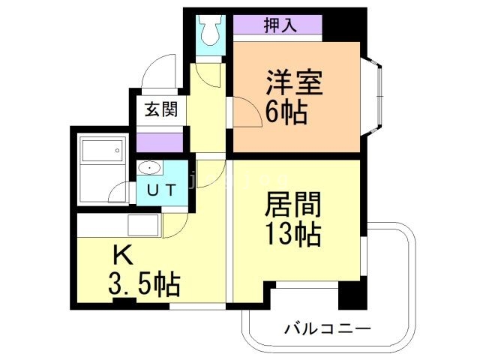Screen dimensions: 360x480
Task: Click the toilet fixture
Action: click(208, 31)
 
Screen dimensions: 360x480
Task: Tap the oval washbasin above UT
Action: click(149, 168)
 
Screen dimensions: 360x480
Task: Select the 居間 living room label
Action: click(294, 204)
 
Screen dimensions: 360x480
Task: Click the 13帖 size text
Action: click(292, 235)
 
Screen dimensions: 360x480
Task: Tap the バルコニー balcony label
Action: click(328, 328)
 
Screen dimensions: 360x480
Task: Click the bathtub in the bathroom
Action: click(100, 154)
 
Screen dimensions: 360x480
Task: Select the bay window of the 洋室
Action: click(376, 93)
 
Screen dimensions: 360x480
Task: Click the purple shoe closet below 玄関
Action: click(160, 141)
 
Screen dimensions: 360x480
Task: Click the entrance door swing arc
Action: click(160, 74)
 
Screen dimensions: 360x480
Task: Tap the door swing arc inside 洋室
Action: click(244, 112)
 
